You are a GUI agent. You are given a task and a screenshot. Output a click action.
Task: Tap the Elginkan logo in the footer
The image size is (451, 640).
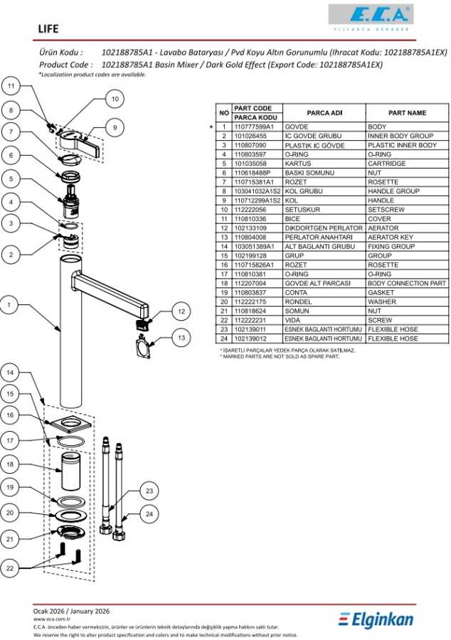pos(376,619)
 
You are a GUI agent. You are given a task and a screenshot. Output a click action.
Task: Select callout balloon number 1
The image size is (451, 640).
pos(10,305)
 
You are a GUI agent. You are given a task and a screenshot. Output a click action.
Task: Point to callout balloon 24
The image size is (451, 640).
pos(149,513)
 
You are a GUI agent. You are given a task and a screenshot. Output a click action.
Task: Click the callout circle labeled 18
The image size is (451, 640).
pos(10,464)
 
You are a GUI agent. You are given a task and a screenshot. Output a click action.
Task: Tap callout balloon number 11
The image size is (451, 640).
pos(10,87)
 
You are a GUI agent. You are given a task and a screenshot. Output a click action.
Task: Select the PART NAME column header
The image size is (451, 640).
pos(407,112)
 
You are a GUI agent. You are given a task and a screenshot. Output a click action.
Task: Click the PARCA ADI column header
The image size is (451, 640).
pos(324,112)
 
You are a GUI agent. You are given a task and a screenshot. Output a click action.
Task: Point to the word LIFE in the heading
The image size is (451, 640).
pos(49,29)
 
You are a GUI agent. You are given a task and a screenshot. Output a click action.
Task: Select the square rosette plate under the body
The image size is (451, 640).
pos(73,425)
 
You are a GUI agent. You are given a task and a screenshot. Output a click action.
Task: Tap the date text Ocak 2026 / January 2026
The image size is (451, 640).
pos(72,611)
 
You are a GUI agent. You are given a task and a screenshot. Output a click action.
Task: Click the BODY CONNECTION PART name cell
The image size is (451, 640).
pos(407,283)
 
